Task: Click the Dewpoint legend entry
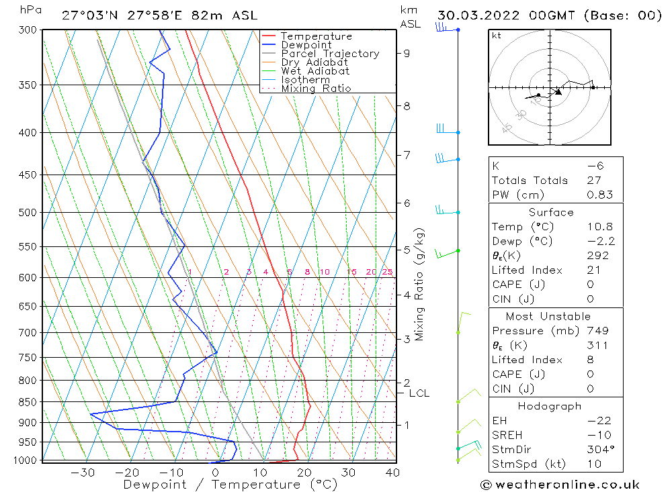[306, 45]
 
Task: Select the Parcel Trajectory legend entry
[330, 54]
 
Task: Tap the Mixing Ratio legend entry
[316, 89]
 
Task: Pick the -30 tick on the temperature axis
[83, 473]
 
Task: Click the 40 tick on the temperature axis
[392, 473]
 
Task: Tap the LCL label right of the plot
[419, 393]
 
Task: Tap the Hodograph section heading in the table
[550, 406]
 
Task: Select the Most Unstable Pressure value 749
[597, 331]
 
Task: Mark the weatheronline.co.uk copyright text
[560, 484]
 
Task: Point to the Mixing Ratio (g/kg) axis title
[419, 285]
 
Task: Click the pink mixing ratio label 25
[387, 272]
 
